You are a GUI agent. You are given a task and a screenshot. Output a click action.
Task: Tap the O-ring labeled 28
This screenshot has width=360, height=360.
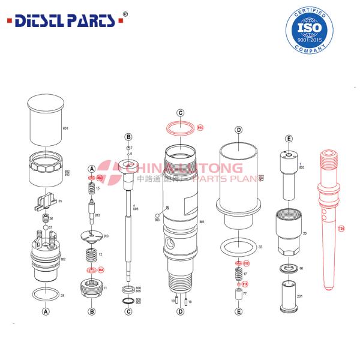(46, 295)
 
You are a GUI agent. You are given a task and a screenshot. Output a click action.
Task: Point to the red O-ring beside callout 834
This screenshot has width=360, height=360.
(181, 127)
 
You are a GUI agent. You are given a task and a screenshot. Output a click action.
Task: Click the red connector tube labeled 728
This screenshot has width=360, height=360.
(326, 216)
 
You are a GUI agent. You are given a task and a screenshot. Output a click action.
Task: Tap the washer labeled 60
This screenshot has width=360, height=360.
(289, 268)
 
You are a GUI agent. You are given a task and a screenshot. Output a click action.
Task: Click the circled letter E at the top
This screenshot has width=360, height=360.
(289, 139)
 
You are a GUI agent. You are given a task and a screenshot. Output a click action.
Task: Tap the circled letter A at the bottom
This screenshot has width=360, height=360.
(46, 311)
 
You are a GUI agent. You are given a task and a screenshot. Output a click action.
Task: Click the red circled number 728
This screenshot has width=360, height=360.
(341, 229)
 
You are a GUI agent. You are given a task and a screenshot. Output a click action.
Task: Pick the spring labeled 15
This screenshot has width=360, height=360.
(92, 189)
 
